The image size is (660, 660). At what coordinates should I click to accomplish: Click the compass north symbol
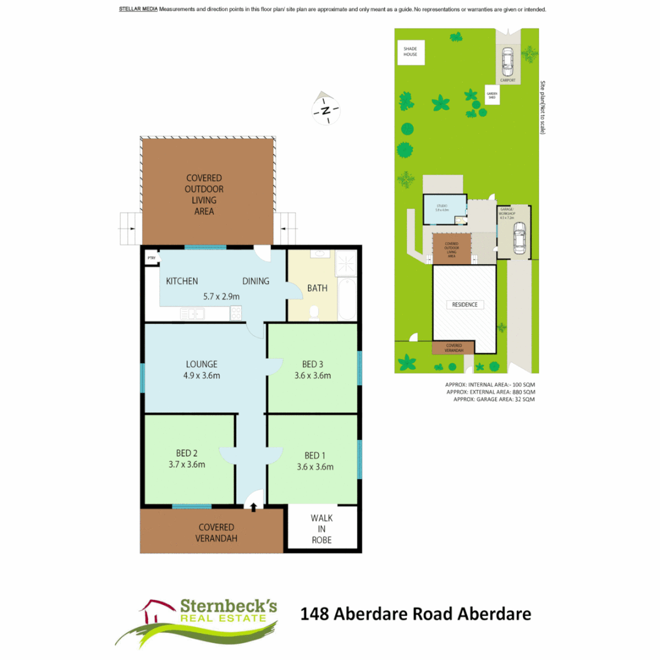[x=326, y=111]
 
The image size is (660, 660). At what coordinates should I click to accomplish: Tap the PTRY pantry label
[x=151, y=258]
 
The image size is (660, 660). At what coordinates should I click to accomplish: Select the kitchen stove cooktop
[x=235, y=313]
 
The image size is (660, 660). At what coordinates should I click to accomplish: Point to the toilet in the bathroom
[x=315, y=313]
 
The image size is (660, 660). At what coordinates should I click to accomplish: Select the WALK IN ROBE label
[x=321, y=529]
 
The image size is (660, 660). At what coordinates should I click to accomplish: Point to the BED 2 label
[x=187, y=453]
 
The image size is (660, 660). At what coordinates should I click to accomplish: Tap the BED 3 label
[x=313, y=365]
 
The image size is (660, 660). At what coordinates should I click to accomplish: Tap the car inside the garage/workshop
[x=519, y=238]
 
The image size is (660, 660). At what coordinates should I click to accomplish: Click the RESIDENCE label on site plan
[x=464, y=304]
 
